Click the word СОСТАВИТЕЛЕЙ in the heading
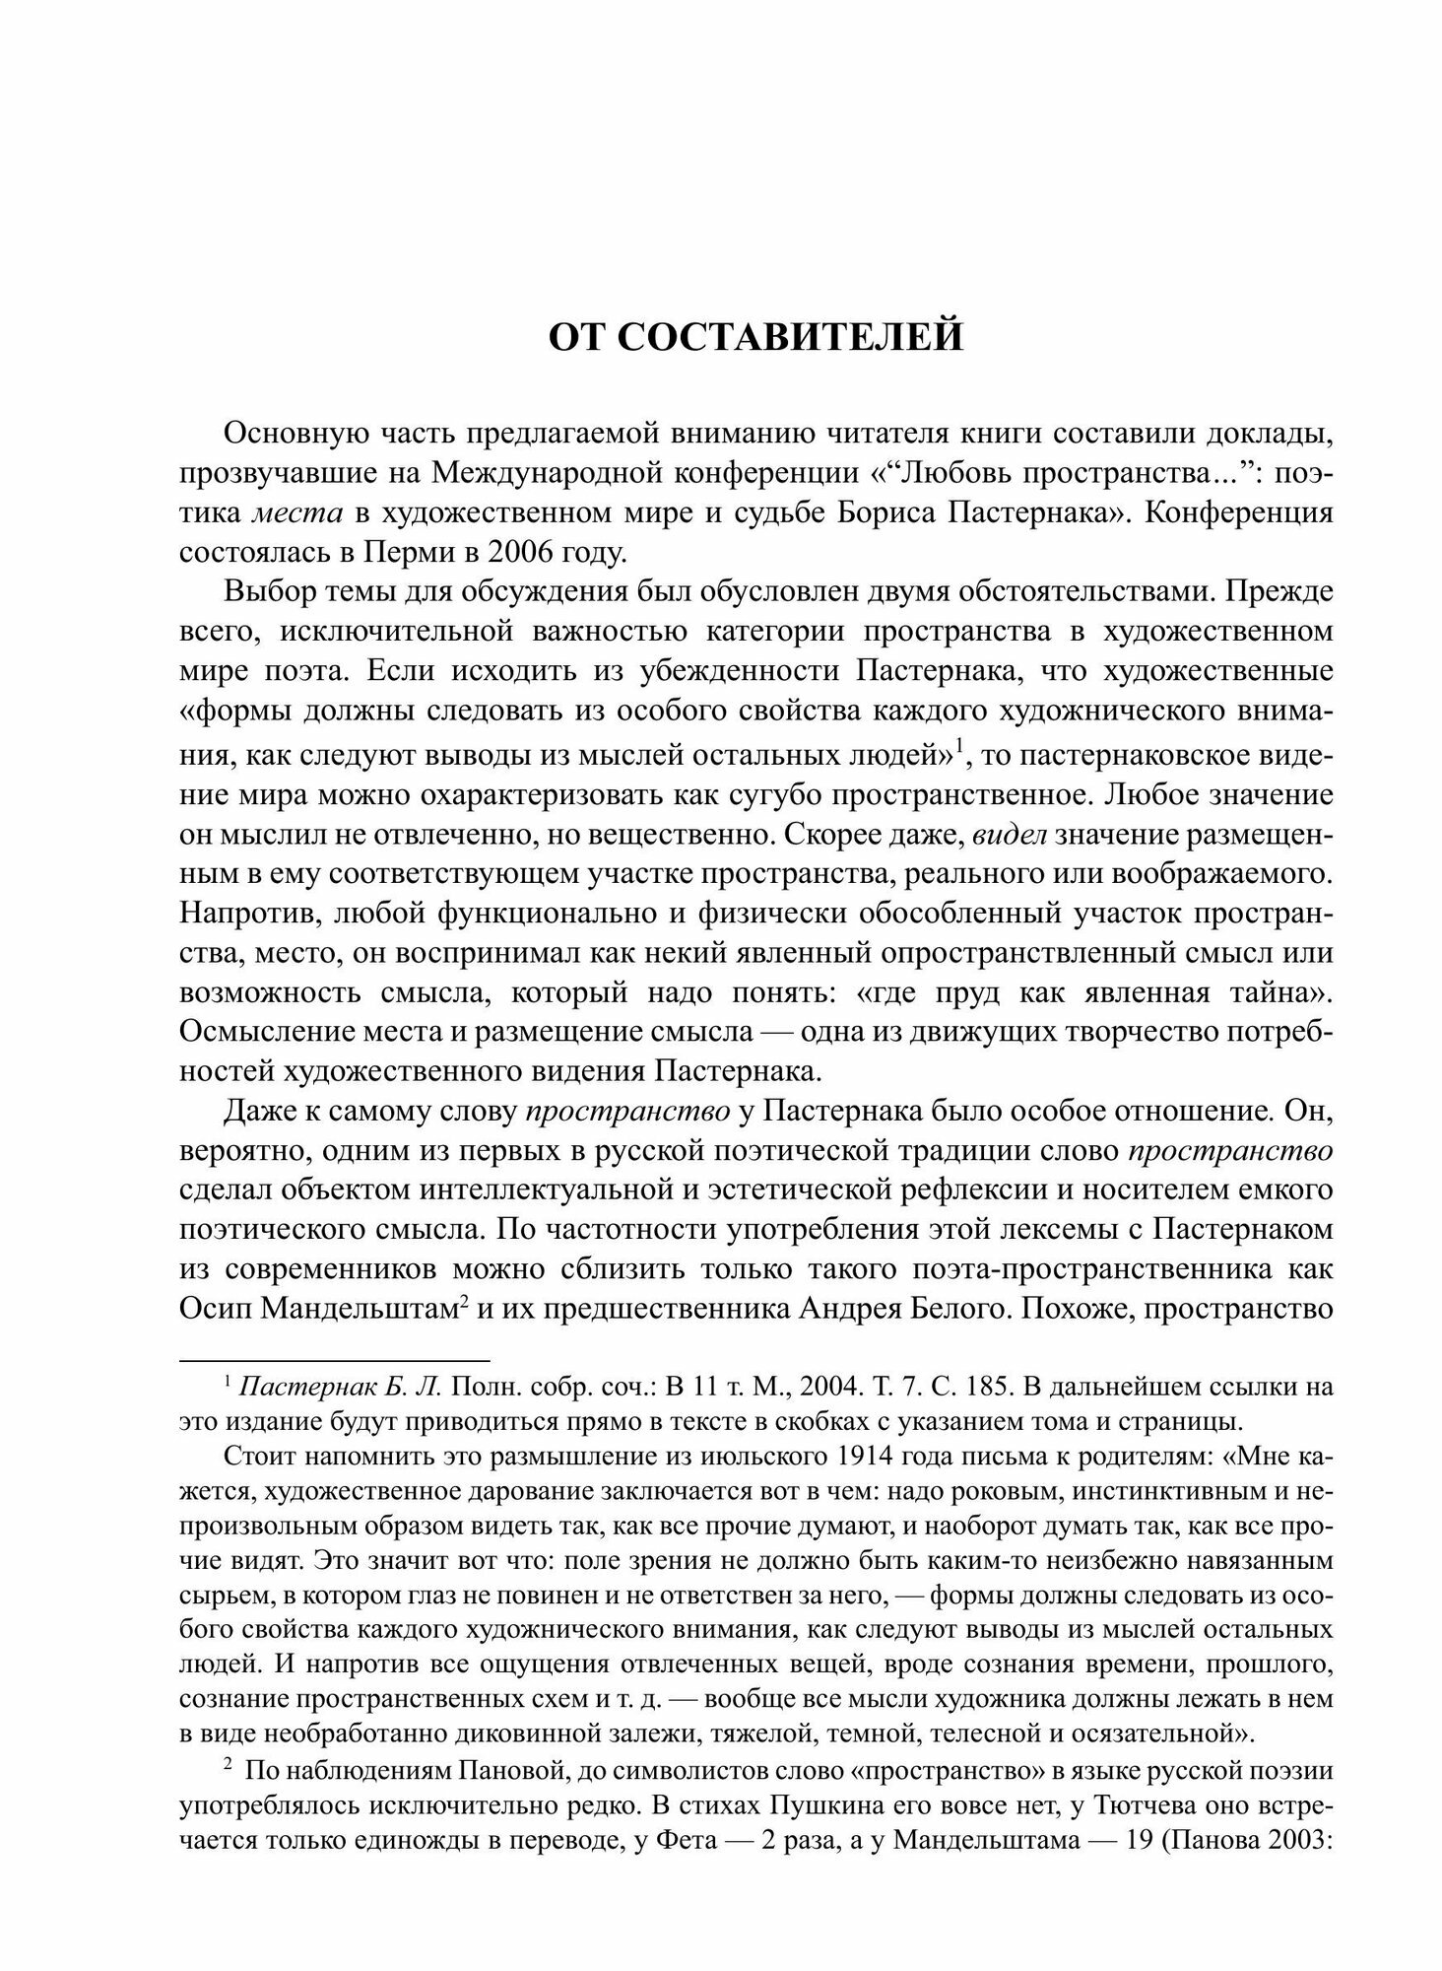click(x=791, y=337)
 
